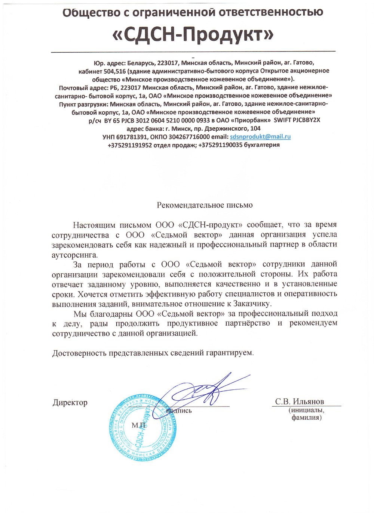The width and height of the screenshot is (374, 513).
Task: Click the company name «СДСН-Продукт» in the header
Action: point(193,35)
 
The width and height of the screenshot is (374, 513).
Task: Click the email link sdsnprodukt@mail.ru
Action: point(260,137)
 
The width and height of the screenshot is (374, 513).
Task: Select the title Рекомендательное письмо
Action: point(205,205)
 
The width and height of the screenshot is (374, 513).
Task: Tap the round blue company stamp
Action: point(143,428)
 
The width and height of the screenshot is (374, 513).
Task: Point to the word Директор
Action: point(70,402)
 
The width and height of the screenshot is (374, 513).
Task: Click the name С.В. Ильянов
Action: point(300,401)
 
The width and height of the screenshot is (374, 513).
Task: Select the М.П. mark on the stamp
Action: point(139,425)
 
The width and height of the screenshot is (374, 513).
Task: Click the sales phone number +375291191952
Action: point(130,145)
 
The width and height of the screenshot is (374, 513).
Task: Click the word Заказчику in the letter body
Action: point(252,304)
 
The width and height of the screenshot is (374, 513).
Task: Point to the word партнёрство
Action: point(248,323)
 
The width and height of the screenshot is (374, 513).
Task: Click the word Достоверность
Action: point(80,353)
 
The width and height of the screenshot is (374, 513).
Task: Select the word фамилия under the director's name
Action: point(307,417)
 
